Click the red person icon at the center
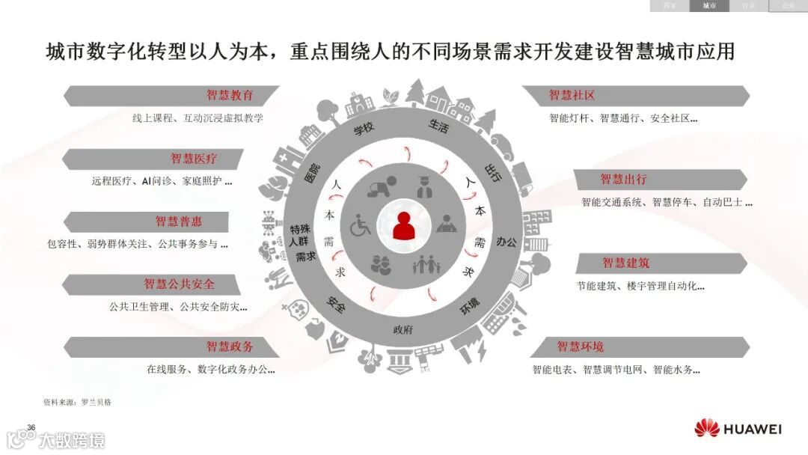(404, 226)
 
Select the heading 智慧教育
(230, 96)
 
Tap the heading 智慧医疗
(194, 159)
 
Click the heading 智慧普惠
(179, 222)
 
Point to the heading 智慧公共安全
(180, 284)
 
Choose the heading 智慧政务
(230, 347)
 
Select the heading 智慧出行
(623, 180)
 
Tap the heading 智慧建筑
(626, 263)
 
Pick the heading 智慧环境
(580, 347)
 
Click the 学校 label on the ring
(364, 129)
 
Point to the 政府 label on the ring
(403, 330)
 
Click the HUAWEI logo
(738, 429)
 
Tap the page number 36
(31, 427)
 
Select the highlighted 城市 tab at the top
(708, 6)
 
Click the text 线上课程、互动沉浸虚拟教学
(198, 118)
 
